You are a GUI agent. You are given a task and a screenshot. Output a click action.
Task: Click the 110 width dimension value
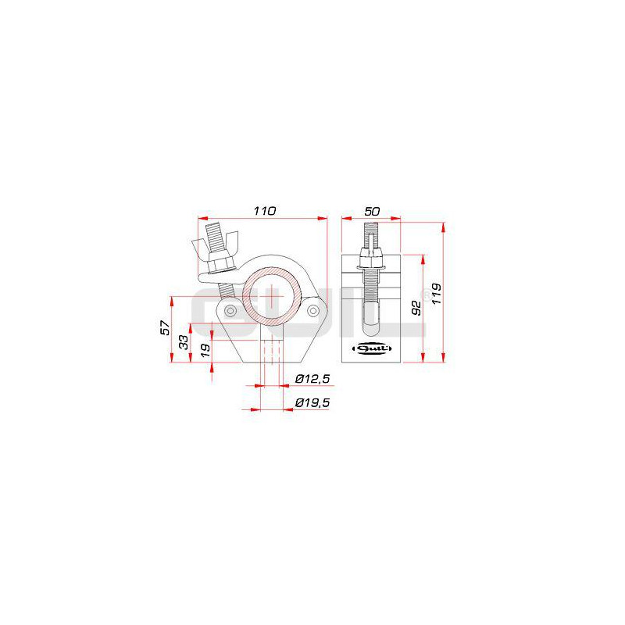point(265,211)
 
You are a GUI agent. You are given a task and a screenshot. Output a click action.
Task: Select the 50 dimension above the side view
point(372,211)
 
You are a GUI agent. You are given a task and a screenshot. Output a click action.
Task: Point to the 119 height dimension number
point(437,294)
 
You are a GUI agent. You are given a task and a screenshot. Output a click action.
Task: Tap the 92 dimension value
point(416,308)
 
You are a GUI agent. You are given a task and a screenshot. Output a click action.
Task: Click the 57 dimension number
point(166,327)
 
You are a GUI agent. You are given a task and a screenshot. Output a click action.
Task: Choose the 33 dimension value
point(184,342)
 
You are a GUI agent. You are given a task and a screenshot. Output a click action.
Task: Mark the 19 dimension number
point(205,350)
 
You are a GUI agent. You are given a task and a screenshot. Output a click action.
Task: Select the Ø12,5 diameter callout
point(312,379)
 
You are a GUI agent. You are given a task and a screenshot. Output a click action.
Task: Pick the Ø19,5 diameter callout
point(312,402)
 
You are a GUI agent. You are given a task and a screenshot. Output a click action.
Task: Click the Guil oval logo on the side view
point(373,348)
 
